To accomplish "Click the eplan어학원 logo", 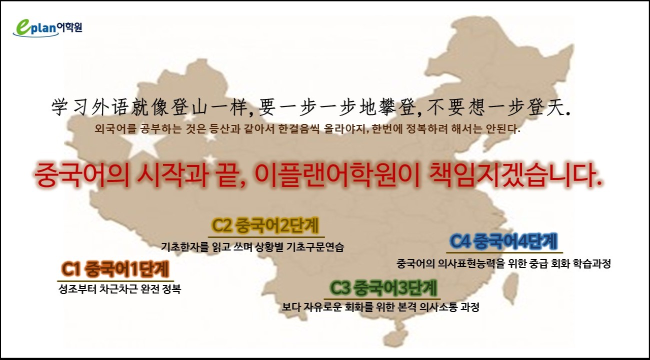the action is (x=47, y=28).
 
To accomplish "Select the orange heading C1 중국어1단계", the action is (x=115, y=269).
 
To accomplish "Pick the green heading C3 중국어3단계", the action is (x=383, y=288).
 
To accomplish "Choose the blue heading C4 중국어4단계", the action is (x=503, y=241).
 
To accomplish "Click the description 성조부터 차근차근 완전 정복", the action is (x=120, y=289).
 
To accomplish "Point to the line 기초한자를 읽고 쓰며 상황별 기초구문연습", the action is (x=252, y=247).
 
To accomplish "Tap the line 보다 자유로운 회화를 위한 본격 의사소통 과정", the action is (x=380, y=307).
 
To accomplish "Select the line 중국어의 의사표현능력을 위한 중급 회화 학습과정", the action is (x=504, y=263).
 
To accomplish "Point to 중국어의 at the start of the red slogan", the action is (x=82, y=176).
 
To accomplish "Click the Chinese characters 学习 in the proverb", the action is (x=70, y=107).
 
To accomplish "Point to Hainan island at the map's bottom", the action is (x=395, y=337).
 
